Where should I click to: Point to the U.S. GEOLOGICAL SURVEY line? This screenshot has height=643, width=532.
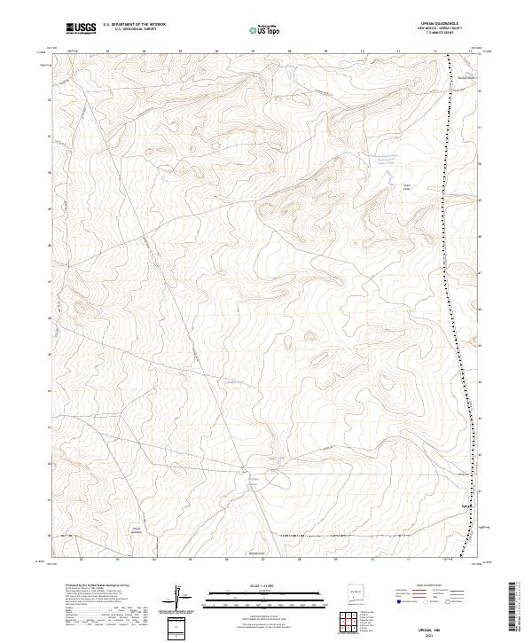click(x=134, y=31)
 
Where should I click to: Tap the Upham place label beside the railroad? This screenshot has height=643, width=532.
click(x=466, y=506)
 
